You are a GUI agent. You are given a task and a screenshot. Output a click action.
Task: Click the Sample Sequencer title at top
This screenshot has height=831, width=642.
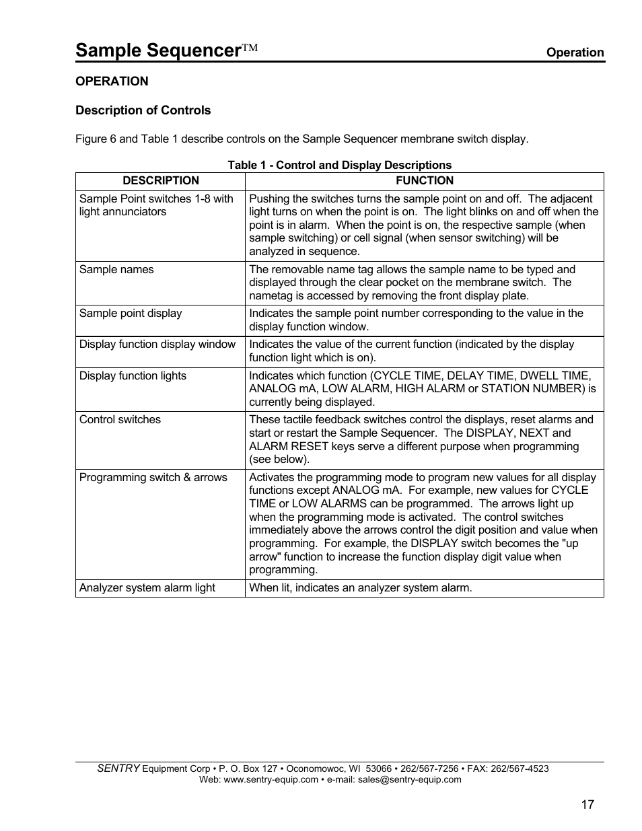158,50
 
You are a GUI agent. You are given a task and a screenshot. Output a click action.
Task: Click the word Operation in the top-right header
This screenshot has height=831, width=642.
574,52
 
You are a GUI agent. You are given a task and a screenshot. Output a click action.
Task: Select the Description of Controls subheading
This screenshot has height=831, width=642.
143,110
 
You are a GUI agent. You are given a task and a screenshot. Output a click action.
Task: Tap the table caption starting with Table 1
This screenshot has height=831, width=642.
339,165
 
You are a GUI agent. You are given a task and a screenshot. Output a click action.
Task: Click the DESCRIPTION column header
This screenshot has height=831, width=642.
160,180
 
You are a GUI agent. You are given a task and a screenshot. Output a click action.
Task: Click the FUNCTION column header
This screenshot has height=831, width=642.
424,180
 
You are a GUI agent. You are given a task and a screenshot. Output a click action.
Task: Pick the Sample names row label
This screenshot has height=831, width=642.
116,270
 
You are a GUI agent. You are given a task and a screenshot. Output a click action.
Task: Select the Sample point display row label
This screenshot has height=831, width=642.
131,314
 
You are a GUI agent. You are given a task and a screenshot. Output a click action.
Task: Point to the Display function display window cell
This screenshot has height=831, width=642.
157,345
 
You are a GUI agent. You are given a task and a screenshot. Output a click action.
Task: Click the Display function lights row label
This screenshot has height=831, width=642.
133,376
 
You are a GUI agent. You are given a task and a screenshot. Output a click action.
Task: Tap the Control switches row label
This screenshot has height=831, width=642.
120,420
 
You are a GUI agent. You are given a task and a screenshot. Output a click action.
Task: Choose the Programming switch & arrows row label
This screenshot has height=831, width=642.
153,478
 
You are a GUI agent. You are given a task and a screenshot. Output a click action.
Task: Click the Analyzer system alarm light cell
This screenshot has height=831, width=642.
147,588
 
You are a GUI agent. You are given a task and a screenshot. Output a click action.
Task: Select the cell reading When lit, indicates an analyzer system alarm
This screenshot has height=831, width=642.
361,588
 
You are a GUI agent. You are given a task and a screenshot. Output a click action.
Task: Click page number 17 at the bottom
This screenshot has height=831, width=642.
587,805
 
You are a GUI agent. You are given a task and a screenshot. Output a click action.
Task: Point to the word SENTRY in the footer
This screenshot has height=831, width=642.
118,768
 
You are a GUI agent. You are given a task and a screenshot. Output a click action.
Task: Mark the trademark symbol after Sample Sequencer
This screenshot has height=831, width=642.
250,48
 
